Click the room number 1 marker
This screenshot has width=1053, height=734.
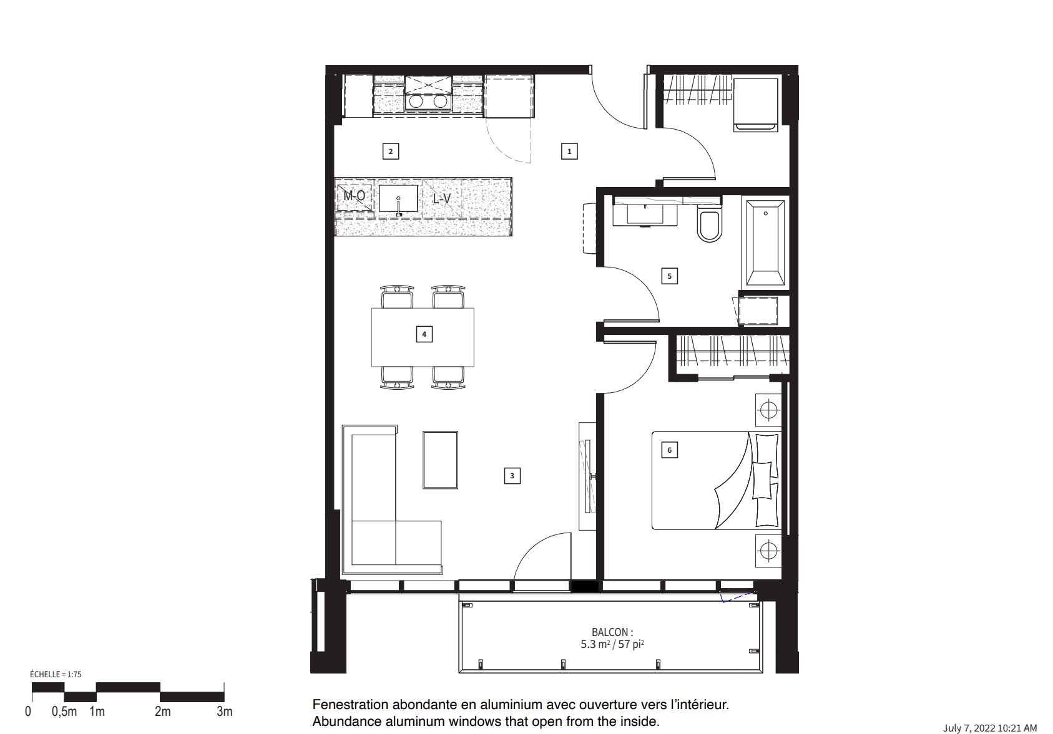point(569,151)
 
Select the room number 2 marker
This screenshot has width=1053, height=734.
point(391,151)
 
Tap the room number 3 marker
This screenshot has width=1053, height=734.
point(512,475)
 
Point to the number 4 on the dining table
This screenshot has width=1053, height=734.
point(424,334)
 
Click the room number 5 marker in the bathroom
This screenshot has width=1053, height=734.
point(669,276)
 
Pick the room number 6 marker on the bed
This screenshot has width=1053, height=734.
point(669,450)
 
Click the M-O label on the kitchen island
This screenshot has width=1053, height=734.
point(355,195)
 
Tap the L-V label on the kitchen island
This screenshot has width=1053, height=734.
point(441,199)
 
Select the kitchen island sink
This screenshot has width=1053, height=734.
point(398,199)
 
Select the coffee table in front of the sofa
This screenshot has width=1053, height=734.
point(440,460)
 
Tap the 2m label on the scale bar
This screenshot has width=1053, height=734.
point(163,712)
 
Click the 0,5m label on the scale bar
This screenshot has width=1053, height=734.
point(64,712)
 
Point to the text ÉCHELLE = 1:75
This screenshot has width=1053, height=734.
point(56,674)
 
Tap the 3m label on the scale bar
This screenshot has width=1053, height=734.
point(225,712)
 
